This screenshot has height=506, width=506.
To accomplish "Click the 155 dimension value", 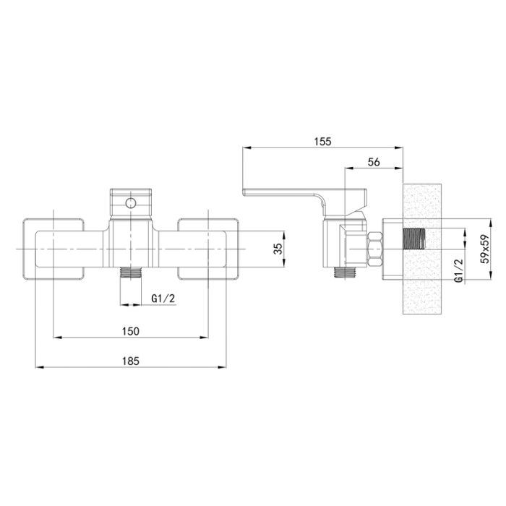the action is (322, 142).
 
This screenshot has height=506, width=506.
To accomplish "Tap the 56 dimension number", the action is (374, 162).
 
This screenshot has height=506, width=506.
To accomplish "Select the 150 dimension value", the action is (131, 331).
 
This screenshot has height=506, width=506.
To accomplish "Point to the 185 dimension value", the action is (131, 361).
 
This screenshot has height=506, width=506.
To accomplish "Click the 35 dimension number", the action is (278, 249).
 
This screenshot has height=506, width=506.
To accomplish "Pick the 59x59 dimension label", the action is (485, 249).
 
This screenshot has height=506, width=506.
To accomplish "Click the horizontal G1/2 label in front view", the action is (163, 299).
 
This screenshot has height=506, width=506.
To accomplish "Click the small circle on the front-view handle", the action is (131, 203).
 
